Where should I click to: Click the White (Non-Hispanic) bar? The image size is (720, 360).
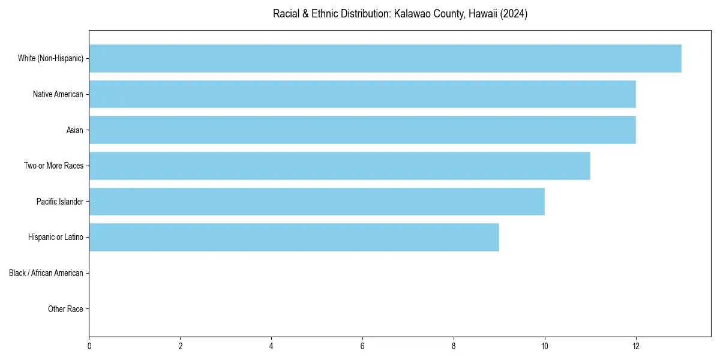click(x=385, y=58)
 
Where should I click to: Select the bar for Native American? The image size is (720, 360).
click(x=362, y=94)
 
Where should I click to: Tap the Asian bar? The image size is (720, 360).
click(x=362, y=130)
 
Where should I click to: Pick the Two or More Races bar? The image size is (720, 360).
click(x=340, y=166)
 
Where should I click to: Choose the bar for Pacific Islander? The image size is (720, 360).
click(x=317, y=202)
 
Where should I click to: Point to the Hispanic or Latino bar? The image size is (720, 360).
click(x=294, y=237)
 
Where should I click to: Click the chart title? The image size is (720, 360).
click(x=400, y=14)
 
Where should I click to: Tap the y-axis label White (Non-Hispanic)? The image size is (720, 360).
click(x=50, y=58)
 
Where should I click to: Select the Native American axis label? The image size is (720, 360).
click(x=58, y=94)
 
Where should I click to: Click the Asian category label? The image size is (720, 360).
click(x=75, y=130)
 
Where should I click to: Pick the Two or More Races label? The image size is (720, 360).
click(x=53, y=166)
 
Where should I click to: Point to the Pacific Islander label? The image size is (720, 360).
click(x=60, y=202)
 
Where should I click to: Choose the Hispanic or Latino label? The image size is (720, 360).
click(x=56, y=238)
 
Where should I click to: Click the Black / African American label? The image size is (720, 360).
click(x=46, y=273)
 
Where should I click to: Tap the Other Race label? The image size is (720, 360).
click(x=65, y=309)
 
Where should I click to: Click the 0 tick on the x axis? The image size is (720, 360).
click(x=89, y=346)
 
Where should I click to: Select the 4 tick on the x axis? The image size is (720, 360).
click(x=271, y=346)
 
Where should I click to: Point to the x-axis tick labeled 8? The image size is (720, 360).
click(x=454, y=346)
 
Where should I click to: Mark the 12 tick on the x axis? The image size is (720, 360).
click(x=636, y=346)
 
